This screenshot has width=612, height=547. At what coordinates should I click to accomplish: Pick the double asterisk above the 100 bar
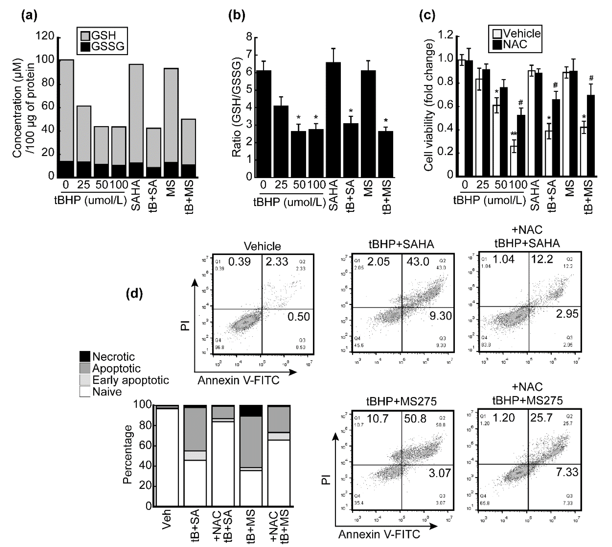click(514, 134)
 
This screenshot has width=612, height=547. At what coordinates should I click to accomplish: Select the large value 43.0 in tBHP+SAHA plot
click(418, 261)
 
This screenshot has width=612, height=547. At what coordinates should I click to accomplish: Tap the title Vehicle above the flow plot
click(262, 246)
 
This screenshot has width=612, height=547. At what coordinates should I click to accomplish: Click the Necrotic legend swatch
click(85, 356)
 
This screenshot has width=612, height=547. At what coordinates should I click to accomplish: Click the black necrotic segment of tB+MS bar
click(251, 411)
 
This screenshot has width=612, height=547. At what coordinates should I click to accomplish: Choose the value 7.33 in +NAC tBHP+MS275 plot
click(567, 472)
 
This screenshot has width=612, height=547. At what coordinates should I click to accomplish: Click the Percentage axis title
click(127, 454)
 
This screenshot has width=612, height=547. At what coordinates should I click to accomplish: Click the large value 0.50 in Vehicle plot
click(298, 316)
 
